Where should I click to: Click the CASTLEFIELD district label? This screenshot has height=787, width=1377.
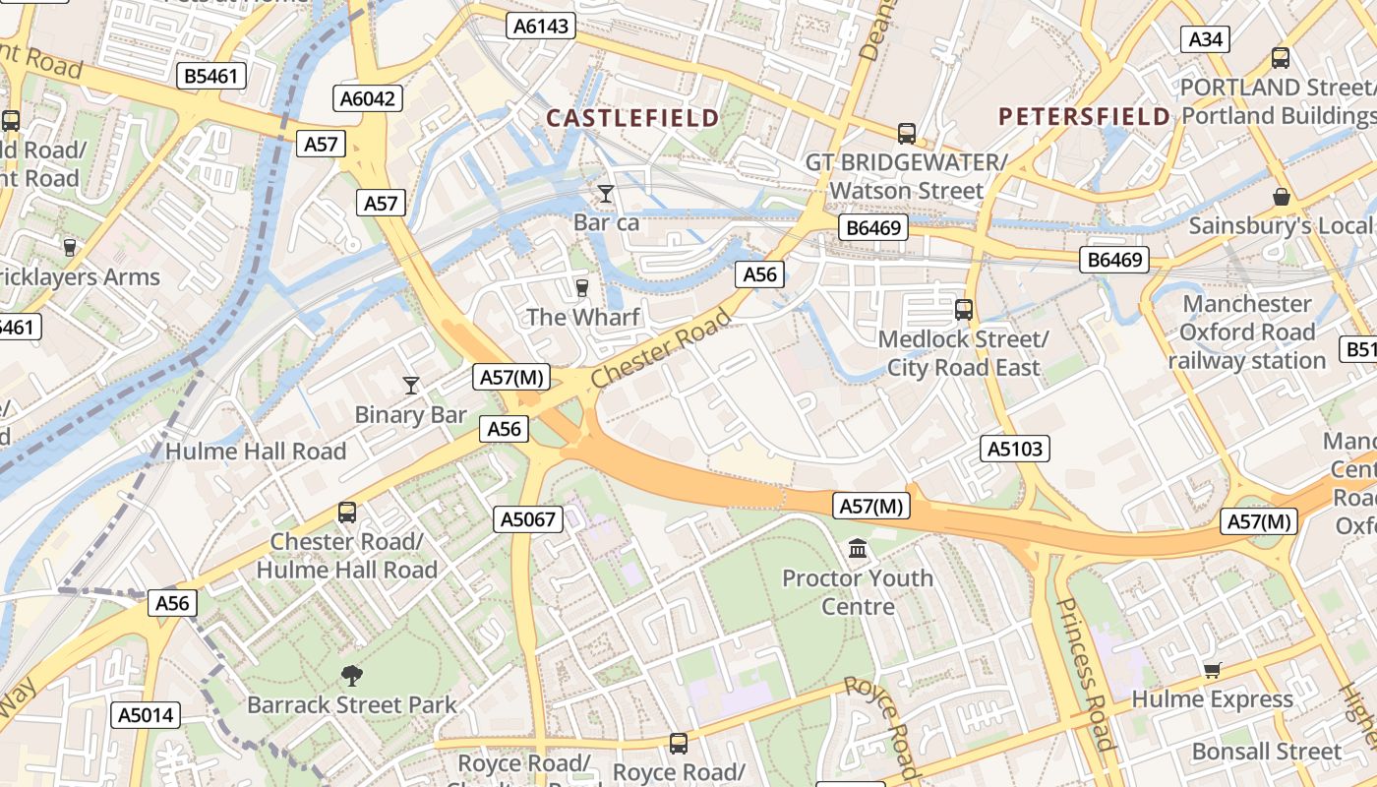point(632,118)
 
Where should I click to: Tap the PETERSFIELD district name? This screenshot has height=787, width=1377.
point(1085,116)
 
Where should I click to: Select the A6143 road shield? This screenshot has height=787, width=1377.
point(542,26)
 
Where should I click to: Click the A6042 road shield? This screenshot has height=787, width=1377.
point(369,97)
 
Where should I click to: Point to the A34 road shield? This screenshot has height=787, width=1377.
point(1205,38)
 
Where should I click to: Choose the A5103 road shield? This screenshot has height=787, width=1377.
point(1015,450)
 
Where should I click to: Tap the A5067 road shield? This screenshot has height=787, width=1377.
point(528,519)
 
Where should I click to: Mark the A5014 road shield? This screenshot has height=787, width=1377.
point(146,715)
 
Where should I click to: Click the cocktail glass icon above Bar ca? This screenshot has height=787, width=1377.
point(606,194)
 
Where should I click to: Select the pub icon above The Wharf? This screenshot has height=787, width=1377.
point(582,287)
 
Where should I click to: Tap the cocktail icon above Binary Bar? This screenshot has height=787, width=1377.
point(411,385)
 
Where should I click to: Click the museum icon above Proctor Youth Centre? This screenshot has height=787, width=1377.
point(858,548)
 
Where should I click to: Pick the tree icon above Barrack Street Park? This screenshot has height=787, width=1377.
point(351,675)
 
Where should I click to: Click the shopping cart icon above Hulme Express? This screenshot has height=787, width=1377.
point(1212,670)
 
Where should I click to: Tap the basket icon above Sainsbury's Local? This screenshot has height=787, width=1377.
point(1281,197)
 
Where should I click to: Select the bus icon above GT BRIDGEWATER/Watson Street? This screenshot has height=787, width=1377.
point(906,132)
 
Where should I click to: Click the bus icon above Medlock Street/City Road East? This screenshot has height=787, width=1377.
point(963,309)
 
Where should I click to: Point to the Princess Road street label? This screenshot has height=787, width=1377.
point(1087,674)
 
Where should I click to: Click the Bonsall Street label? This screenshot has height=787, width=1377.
point(1266,752)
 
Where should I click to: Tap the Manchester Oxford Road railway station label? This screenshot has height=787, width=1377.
point(1247,333)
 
